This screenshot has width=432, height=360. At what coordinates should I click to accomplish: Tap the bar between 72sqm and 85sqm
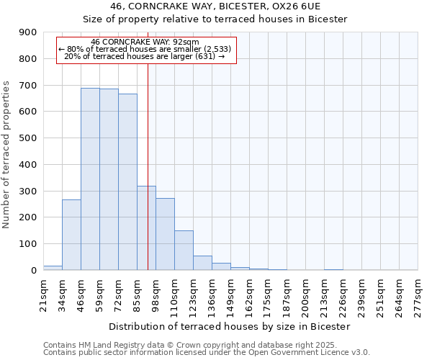coord(127,181)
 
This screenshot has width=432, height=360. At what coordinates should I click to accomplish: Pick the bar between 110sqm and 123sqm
coord(184,250)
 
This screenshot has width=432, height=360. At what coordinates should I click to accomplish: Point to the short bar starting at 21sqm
coord(53,268)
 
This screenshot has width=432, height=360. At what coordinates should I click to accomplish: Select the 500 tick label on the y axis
coord(29,138)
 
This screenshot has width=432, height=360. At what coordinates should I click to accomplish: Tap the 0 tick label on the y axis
coord(34,271)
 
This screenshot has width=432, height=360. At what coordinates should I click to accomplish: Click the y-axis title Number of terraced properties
coord(7,154)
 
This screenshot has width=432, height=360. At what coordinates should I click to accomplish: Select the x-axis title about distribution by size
coord(230,326)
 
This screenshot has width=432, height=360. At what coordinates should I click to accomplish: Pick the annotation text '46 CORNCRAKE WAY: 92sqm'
coord(145,42)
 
